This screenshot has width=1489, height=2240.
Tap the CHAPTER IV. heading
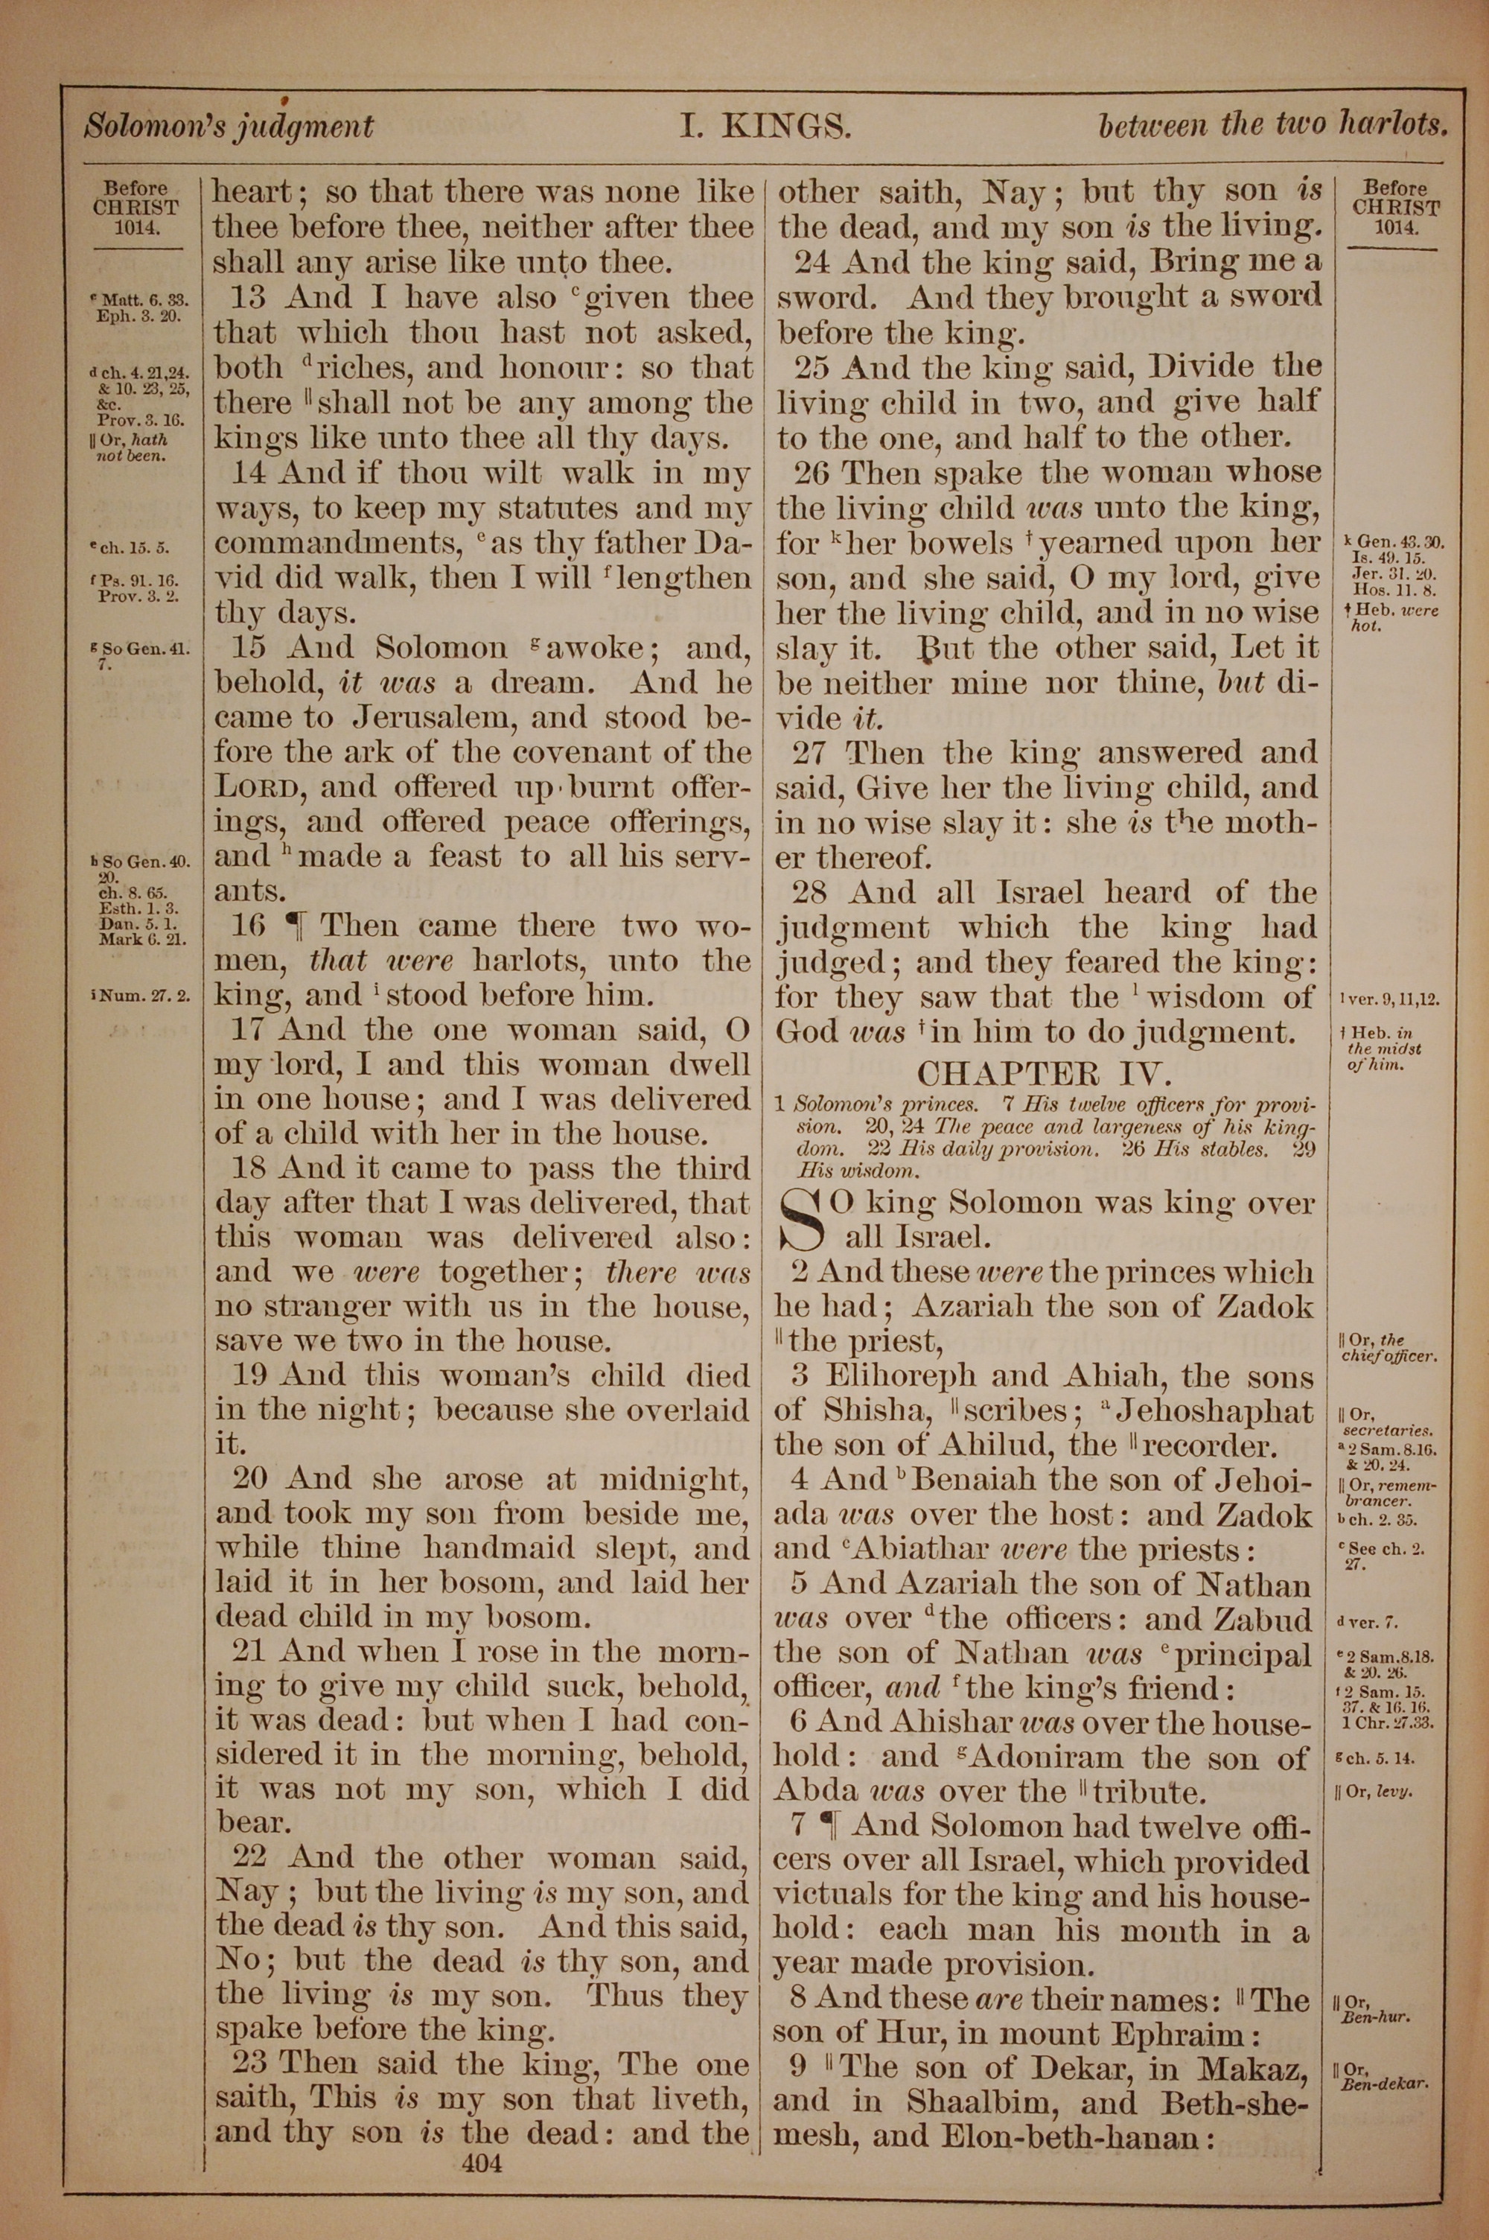point(1045,1073)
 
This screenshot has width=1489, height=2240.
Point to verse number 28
point(812,893)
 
